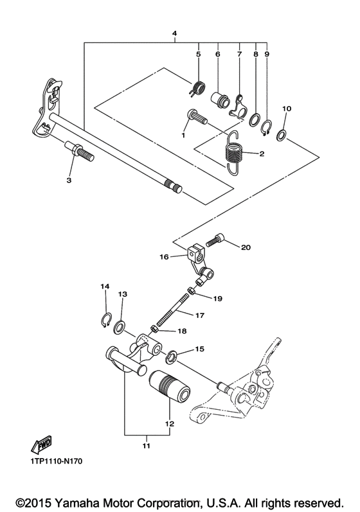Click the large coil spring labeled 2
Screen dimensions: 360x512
(x=235, y=153)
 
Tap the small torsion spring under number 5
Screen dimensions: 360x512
(x=197, y=88)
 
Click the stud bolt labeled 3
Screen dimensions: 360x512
(x=80, y=151)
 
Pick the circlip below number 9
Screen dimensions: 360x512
(x=267, y=127)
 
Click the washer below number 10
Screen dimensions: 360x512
(x=282, y=135)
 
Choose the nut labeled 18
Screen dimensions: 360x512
(x=154, y=330)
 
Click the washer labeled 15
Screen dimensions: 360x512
(x=172, y=356)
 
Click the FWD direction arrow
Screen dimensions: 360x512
(x=42, y=444)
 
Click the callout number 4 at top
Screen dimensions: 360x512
(x=174, y=33)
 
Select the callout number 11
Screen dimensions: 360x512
(x=147, y=445)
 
